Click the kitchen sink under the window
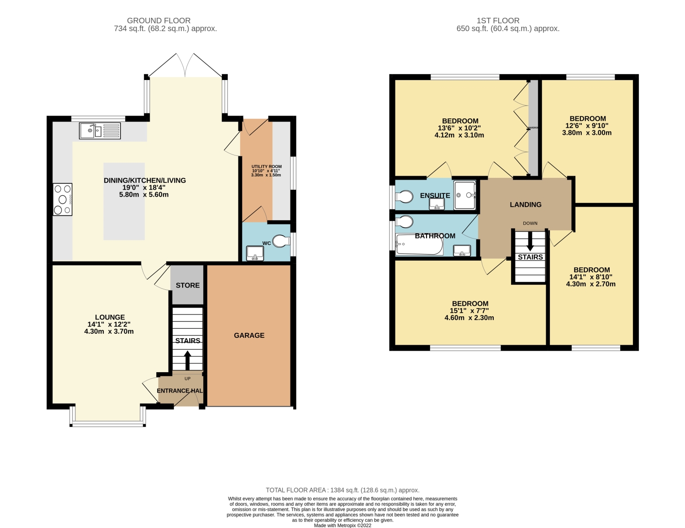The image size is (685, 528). [100, 131]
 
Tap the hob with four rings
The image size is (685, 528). [63, 199]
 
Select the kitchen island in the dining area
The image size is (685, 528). [124, 201]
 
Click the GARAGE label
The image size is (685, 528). [249, 336]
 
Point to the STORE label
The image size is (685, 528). [188, 285]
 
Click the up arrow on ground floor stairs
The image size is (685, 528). [187, 360]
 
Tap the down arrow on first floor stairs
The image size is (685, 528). [530, 242]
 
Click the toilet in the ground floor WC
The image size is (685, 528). [280, 241]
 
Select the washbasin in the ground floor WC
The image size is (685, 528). [255, 253]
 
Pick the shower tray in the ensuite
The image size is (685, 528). [465, 195]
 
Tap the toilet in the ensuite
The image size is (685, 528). [404, 196]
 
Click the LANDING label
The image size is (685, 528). [526, 205]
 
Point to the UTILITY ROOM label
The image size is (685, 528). [266, 167]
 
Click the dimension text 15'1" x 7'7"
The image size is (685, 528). [469, 311]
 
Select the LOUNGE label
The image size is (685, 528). [110, 317]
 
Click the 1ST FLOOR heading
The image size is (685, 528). [498, 21]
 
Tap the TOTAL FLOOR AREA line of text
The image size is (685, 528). [342, 490]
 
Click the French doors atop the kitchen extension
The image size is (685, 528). [185, 65]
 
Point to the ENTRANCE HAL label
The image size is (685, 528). [179, 391]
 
